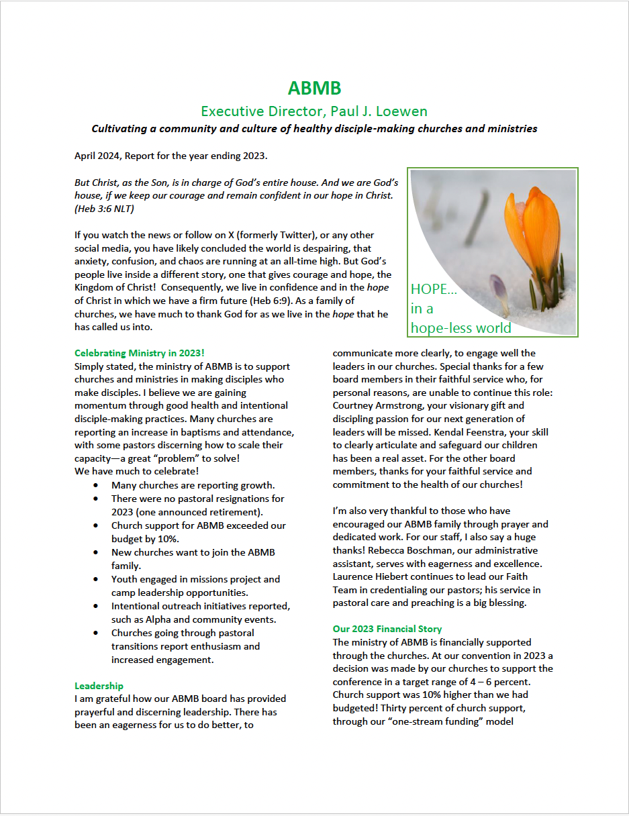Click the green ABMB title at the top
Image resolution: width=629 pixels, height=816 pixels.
(x=314, y=88)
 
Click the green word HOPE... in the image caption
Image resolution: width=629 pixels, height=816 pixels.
(x=434, y=289)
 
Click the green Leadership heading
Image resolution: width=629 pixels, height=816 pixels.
(x=99, y=686)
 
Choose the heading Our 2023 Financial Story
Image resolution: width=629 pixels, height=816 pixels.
(x=387, y=629)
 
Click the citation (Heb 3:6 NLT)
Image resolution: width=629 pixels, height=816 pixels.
(x=104, y=209)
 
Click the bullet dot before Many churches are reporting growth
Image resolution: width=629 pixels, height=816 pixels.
(x=98, y=485)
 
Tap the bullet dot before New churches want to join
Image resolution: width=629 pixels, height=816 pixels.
(x=98, y=552)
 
